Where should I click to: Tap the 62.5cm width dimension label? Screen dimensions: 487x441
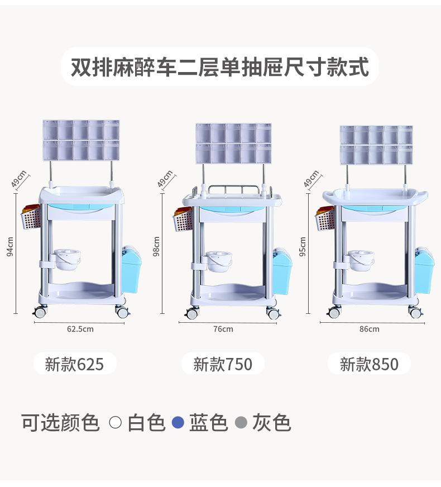(x=80, y=329)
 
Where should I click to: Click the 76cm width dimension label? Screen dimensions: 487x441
(x=223, y=329)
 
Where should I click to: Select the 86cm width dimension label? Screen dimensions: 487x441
(x=369, y=329)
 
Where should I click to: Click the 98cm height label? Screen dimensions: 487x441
(x=157, y=246)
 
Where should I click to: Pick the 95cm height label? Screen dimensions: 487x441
(x=303, y=246)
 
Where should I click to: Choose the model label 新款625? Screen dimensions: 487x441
(x=74, y=364)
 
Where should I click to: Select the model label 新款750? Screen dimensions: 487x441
(x=223, y=364)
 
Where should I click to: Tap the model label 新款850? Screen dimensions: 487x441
(x=369, y=364)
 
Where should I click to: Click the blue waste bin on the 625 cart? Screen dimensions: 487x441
(x=131, y=269)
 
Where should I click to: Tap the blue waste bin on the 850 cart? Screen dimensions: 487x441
(x=424, y=271)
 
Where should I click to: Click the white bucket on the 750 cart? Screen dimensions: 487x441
(x=219, y=260)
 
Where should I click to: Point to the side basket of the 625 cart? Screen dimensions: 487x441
(x=31, y=219)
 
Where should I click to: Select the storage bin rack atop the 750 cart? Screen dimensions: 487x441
(x=233, y=144)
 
